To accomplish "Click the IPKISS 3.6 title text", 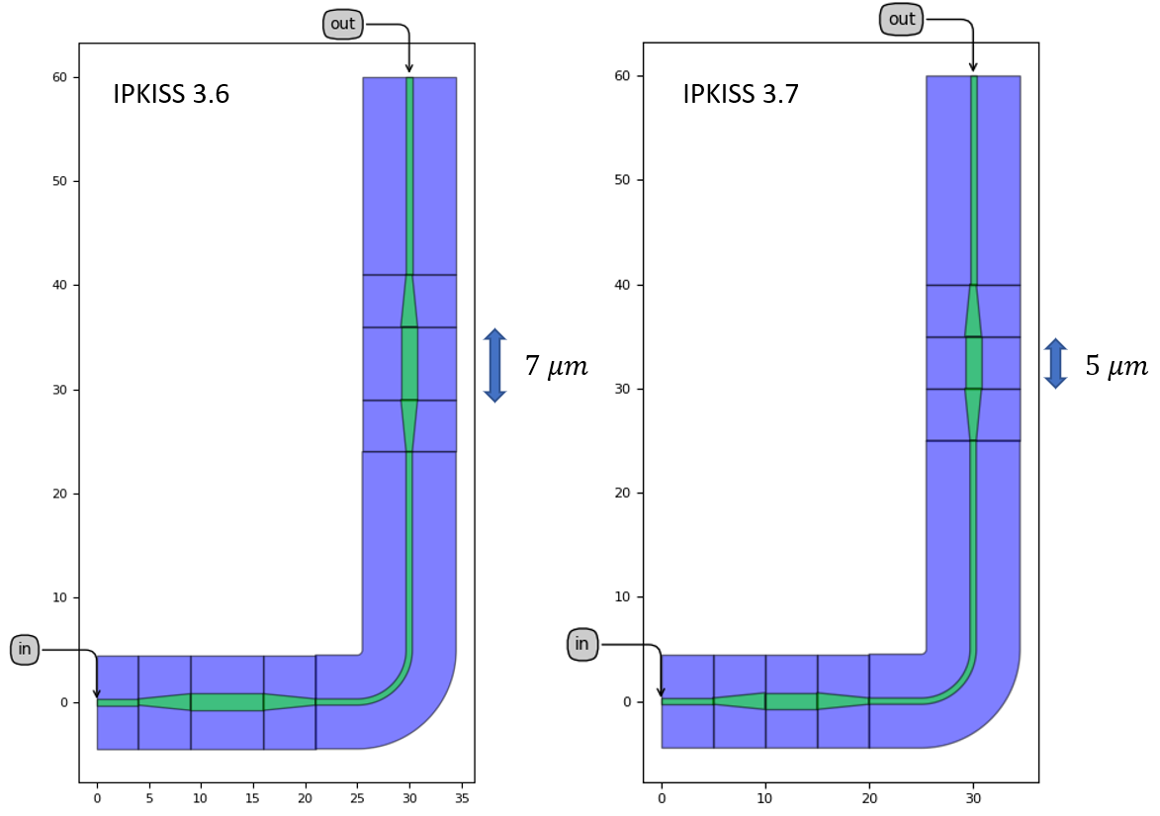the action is pyautogui.click(x=171, y=94).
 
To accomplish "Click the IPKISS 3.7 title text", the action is pyautogui.click(x=741, y=94).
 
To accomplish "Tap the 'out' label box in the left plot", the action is pyautogui.click(x=342, y=24).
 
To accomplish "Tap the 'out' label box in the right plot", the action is pyautogui.click(x=902, y=19).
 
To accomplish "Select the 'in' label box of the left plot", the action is pyautogui.click(x=25, y=649).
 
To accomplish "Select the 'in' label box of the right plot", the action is pyautogui.click(x=582, y=644).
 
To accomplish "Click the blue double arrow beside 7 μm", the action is pyautogui.click(x=494, y=365).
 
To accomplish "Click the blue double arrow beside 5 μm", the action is pyautogui.click(x=1056, y=363).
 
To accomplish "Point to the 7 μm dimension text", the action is pyautogui.click(x=557, y=366).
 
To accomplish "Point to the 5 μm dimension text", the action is pyautogui.click(x=1116, y=366).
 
